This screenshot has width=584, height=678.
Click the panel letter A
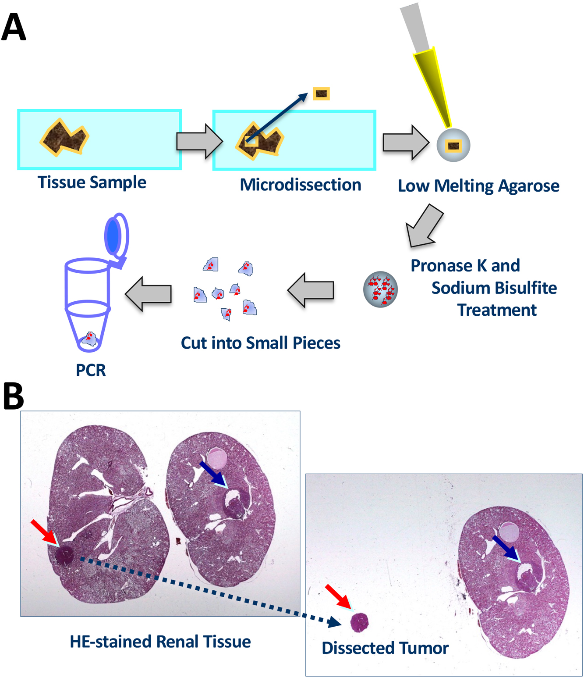(x=14, y=27)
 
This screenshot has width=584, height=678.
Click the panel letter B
(x=13, y=396)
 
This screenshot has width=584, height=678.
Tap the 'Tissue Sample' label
(x=92, y=182)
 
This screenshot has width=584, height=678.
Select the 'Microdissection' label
(x=300, y=185)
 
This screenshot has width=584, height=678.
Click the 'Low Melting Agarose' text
(x=478, y=186)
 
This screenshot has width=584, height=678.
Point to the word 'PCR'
(x=91, y=370)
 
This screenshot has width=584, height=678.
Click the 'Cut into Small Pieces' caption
(x=260, y=343)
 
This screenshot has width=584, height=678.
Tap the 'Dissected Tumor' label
(x=385, y=648)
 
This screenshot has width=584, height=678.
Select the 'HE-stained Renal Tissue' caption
(x=160, y=642)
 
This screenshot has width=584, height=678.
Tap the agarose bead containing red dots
(x=380, y=289)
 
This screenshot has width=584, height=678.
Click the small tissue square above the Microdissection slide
(x=321, y=94)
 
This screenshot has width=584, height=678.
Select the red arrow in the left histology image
(x=45, y=532)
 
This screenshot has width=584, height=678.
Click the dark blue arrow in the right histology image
(x=506, y=548)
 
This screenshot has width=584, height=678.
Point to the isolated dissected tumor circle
(x=359, y=622)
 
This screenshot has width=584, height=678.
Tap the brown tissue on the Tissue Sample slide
(x=65, y=138)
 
